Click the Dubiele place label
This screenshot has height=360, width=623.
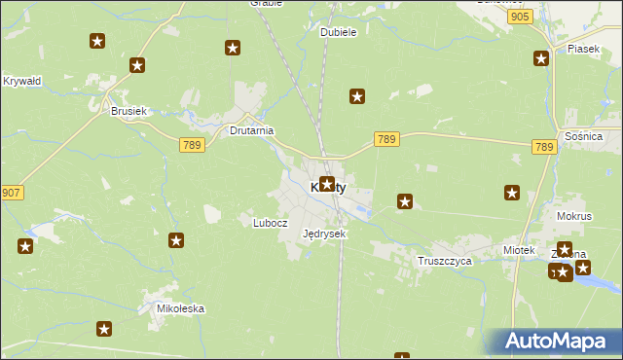(339, 31)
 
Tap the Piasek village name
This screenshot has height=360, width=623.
(582, 49)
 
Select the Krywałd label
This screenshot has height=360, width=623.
(22, 81)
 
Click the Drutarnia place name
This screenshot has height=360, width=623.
(251, 129)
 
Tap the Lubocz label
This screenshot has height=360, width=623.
(271, 222)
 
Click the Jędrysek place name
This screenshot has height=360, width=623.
(324, 234)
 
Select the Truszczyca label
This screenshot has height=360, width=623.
(444, 261)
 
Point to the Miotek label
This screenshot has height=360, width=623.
(519, 250)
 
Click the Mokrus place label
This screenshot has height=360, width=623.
(574, 216)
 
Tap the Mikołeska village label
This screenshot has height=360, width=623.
(181, 308)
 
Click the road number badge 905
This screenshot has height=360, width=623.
(520, 18)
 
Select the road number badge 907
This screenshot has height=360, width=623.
(12, 193)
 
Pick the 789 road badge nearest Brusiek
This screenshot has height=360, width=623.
(191, 144)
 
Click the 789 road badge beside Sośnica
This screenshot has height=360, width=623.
(544, 147)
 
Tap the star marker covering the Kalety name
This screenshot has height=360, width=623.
(327, 183)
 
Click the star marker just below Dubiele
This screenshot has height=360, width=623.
(357, 96)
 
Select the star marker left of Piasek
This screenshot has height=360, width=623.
(540, 58)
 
